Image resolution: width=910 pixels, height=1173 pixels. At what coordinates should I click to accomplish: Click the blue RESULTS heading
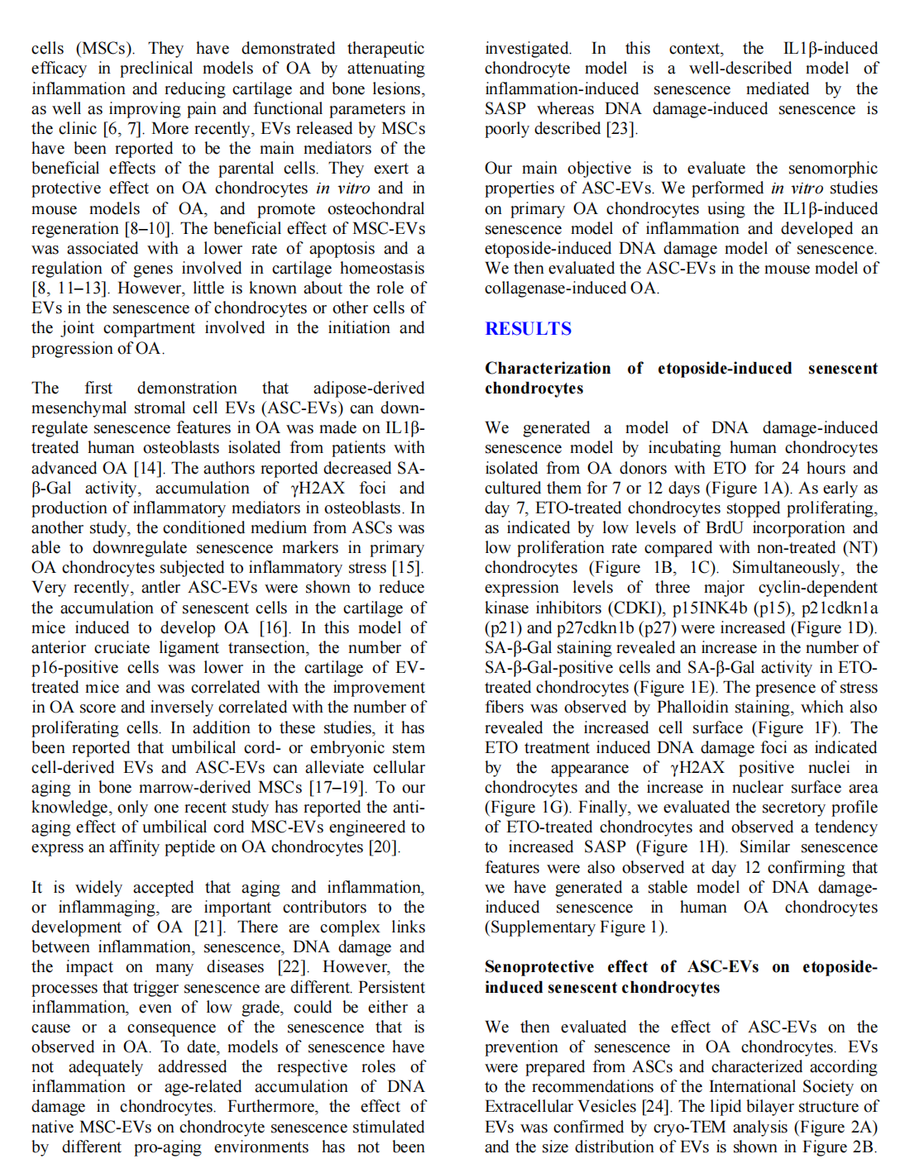(x=528, y=329)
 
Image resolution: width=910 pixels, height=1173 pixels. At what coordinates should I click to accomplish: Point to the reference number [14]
(x=148, y=469)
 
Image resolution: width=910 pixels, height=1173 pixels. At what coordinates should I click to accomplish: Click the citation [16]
(x=273, y=628)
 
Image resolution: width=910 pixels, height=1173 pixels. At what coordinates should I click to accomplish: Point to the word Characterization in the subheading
(x=548, y=369)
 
